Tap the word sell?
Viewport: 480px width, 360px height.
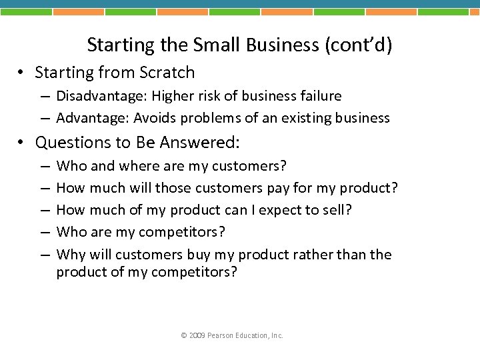click(336, 210)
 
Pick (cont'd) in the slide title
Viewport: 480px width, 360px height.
click(358, 45)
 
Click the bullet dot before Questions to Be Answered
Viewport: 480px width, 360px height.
click(24, 143)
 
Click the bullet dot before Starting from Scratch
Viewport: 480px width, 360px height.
click(24, 73)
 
